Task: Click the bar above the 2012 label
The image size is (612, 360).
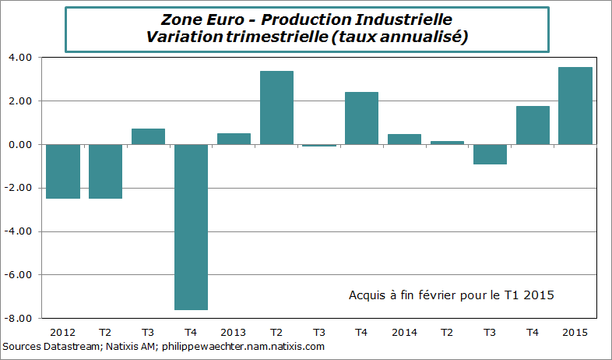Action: point(63,171)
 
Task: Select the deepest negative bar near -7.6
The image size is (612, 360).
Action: point(190,227)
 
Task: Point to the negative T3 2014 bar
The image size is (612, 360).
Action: point(490,154)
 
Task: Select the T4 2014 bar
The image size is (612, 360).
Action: point(533,125)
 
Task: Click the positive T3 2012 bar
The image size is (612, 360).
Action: point(148,136)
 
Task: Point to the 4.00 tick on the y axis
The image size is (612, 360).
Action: point(20,58)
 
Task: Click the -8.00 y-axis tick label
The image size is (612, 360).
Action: point(19,319)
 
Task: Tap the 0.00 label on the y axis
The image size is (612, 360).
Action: point(20,145)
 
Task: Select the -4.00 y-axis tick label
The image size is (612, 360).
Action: point(19,231)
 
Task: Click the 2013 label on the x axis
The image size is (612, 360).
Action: point(233,332)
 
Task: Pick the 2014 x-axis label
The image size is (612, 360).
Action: point(404,332)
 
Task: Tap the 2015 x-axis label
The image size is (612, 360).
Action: point(575,332)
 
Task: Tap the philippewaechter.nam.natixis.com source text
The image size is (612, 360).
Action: point(243,346)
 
